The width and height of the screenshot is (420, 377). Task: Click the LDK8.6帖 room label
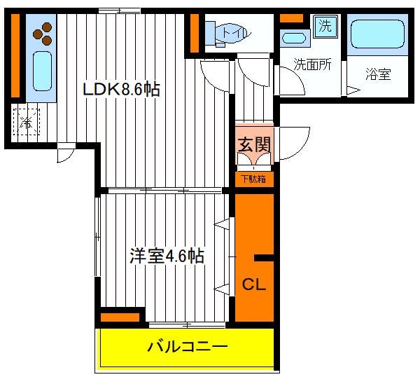tap(121, 89)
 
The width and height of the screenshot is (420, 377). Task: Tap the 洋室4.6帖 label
tap(167, 256)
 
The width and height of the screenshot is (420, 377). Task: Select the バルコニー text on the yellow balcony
tap(187, 347)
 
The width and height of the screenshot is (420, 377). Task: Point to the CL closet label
tap(253, 285)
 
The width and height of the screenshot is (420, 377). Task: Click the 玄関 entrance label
tap(254, 144)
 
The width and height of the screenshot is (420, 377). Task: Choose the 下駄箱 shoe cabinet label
tap(253, 179)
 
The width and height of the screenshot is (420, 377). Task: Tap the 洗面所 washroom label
tap(312, 64)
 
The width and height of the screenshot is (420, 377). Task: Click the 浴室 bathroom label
tap(378, 74)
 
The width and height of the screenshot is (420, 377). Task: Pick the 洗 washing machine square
tap(325, 26)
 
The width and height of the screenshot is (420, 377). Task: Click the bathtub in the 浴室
tap(377, 34)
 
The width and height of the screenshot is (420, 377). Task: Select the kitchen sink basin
tap(42, 71)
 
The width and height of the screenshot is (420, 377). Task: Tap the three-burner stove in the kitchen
tap(43, 34)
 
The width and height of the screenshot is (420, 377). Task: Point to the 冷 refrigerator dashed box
tap(27, 122)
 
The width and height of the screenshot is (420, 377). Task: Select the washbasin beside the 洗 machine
tap(294, 38)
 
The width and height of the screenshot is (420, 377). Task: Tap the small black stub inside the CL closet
tap(264, 258)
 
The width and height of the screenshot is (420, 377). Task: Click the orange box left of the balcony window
tap(120, 317)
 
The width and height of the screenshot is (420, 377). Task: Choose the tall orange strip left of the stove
tap(15, 55)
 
